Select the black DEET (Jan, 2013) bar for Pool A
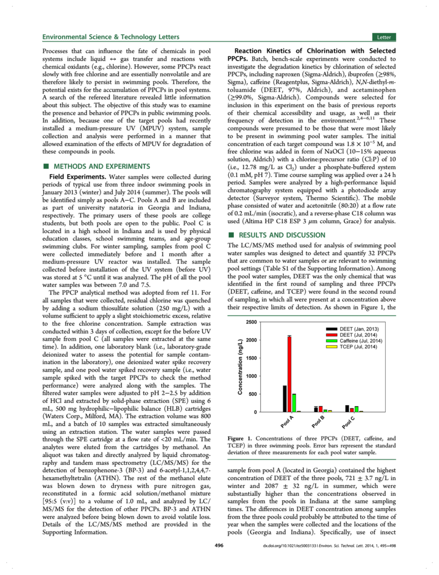click(285, 399)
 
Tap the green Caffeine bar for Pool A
click(294, 403)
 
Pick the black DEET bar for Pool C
click(347, 409)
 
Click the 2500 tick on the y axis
click(251, 322)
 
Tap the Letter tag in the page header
click(384, 37)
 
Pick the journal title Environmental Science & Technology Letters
click(111, 37)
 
